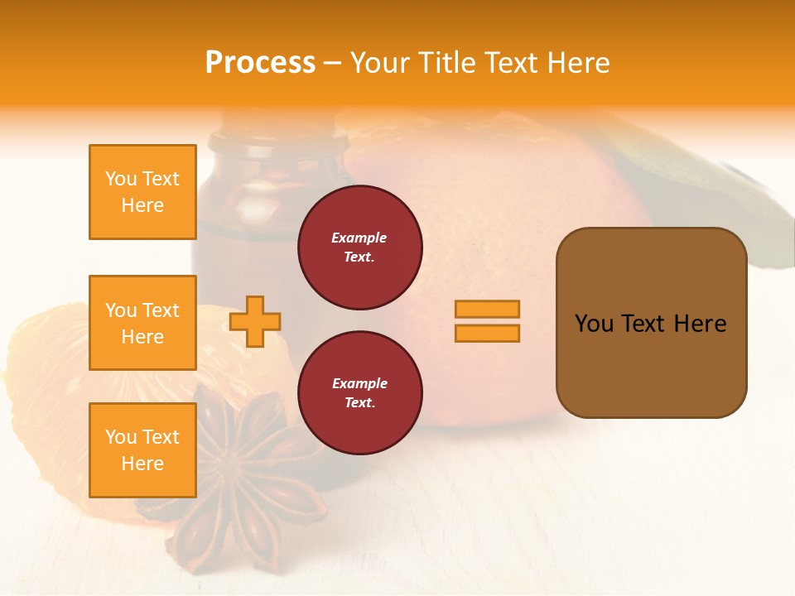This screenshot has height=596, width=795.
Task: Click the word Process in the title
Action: point(260,63)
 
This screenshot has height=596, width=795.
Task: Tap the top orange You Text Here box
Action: point(142,192)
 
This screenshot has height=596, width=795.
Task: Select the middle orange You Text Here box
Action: point(142,323)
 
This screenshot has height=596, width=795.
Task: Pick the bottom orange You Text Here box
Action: point(142,449)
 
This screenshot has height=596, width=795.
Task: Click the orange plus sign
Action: point(255,321)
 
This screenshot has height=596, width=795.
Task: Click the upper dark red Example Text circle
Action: point(359,248)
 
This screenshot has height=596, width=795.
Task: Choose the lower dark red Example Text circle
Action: point(359,392)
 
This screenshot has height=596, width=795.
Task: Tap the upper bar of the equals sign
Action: point(487,309)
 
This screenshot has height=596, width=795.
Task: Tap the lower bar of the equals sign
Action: point(487,333)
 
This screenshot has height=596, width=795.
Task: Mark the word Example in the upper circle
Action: point(359,238)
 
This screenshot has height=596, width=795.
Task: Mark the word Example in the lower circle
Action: point(359,383)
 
